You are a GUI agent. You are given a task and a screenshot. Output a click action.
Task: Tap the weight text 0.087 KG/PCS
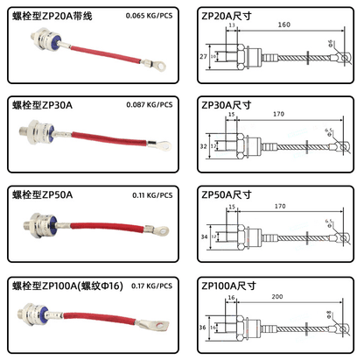coord(148,106)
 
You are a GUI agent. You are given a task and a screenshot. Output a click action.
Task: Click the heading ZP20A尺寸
coord(230,16)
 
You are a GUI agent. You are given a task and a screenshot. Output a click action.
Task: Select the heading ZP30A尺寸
coord(230,105)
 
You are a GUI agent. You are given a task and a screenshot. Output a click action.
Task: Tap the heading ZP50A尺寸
coord(230,195)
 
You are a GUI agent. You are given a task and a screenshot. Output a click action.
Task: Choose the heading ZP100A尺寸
coord(233,286)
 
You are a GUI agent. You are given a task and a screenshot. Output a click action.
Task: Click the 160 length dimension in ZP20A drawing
coord(284,26)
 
